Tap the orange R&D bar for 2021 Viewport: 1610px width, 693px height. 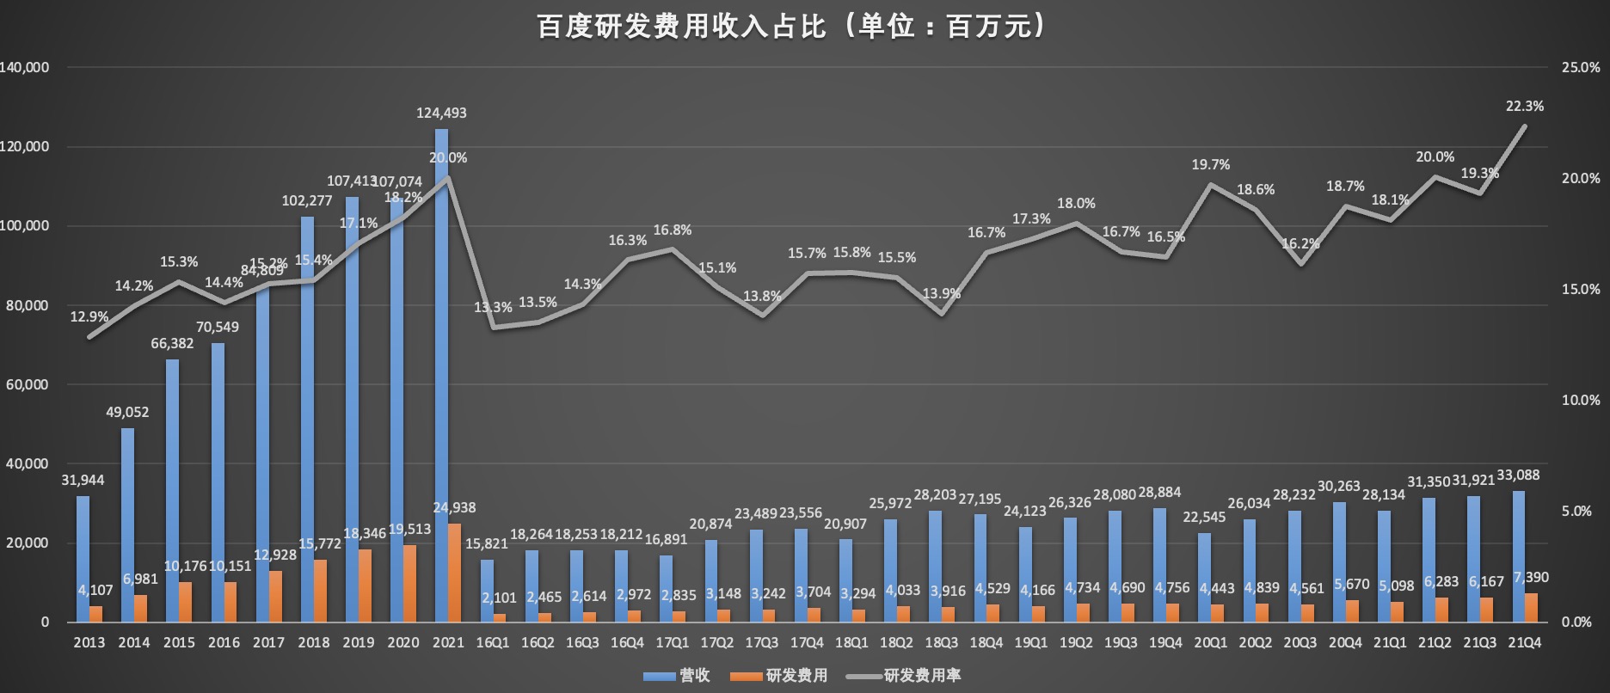pos(454,573)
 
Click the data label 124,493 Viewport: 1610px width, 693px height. pos(441,113)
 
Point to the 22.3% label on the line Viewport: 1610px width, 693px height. pos(1524,106)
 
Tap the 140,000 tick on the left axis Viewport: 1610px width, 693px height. pos(25,67)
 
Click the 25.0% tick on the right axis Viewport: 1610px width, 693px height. pos(1581,67)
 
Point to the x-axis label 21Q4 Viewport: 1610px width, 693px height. pos(1524,642)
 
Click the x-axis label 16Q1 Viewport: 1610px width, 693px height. pos(493,642)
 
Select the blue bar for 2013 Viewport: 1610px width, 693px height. pos(83,559)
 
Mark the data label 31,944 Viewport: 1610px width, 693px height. pos(83,480)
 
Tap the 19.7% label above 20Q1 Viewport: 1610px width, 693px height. pos(1210,164)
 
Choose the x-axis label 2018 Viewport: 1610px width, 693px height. pos(313,642)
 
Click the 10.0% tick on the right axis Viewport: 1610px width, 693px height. pos(1581,400)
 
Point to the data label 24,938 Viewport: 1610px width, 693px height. pos(454,507)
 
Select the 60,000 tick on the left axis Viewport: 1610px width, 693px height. pos(27,384)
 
